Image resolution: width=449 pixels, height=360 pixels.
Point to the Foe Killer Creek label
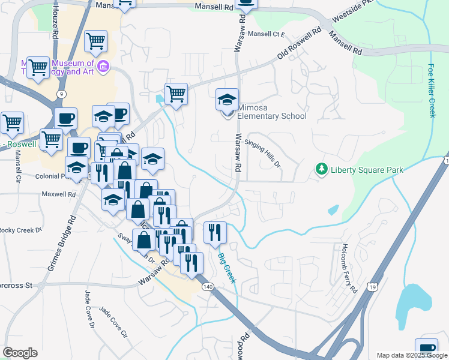(x=432, y=91)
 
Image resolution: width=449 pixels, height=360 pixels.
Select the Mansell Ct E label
(x=266, y=34)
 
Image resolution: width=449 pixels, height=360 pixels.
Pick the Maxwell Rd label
(x=58, y=194)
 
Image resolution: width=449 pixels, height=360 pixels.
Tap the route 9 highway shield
(x=61, y=94)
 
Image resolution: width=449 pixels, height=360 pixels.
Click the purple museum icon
(x=103, y=65)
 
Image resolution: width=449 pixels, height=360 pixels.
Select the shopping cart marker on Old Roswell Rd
(x=176, y=94)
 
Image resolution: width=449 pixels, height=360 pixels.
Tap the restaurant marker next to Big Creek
(x=215, y=232)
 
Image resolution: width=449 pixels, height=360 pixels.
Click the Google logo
(x=20, y=353)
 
